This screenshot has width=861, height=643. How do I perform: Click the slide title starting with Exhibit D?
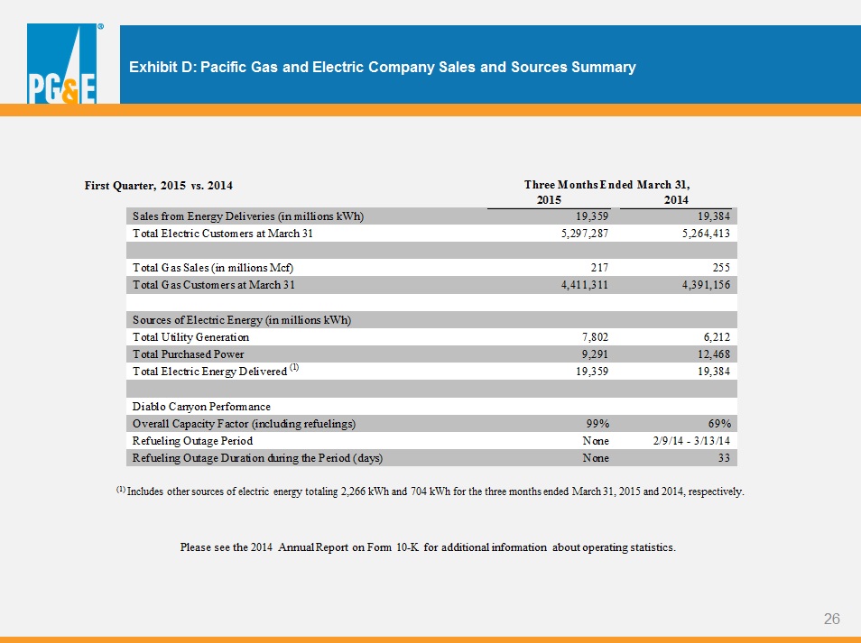tap(382, 67)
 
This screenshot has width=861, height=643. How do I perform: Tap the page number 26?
tap(831, 619)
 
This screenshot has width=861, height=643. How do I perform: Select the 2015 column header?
tap(549, 200)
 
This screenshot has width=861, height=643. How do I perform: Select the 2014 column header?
tap(676, 200)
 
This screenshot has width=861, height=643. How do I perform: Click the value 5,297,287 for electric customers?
tap(584, 234)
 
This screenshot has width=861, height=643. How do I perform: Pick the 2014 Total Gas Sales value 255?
tap(721, 268)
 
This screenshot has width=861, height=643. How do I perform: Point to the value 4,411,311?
tap(584, 285)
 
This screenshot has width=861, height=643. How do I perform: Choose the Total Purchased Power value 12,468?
tap(714, 354)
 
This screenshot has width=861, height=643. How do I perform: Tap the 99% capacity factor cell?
tap(598, 424)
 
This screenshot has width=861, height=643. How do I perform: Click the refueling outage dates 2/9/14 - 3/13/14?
tap(691, 441)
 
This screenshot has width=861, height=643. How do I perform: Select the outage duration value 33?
tap(725, 457)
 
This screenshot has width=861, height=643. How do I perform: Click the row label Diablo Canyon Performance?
tap(201, 407)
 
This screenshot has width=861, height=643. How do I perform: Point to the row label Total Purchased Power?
tap(189, 354)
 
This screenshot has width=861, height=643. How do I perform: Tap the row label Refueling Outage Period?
tap(193, 441)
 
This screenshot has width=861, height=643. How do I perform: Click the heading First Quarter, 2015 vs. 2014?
tap(159, 186)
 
